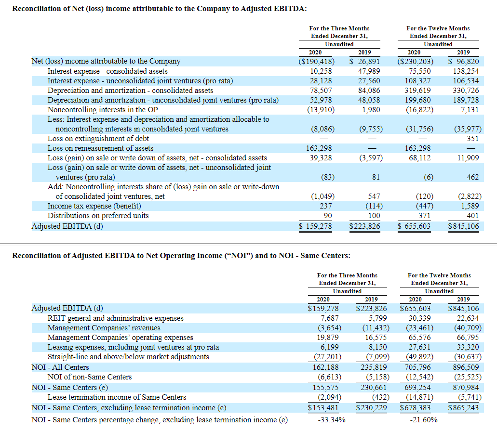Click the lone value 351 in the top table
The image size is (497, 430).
473,139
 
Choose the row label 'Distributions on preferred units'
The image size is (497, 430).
98,216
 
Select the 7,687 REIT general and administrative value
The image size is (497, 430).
330,318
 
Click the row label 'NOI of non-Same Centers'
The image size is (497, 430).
90,377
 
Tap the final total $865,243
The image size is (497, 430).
463,407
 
